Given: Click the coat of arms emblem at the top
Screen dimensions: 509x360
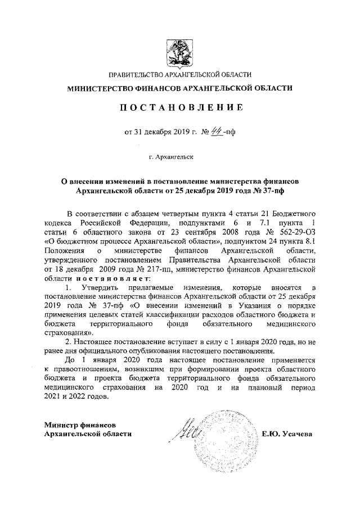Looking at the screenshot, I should (180, 49).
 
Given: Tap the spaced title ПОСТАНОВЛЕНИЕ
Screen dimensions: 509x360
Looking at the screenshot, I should (180, 107).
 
